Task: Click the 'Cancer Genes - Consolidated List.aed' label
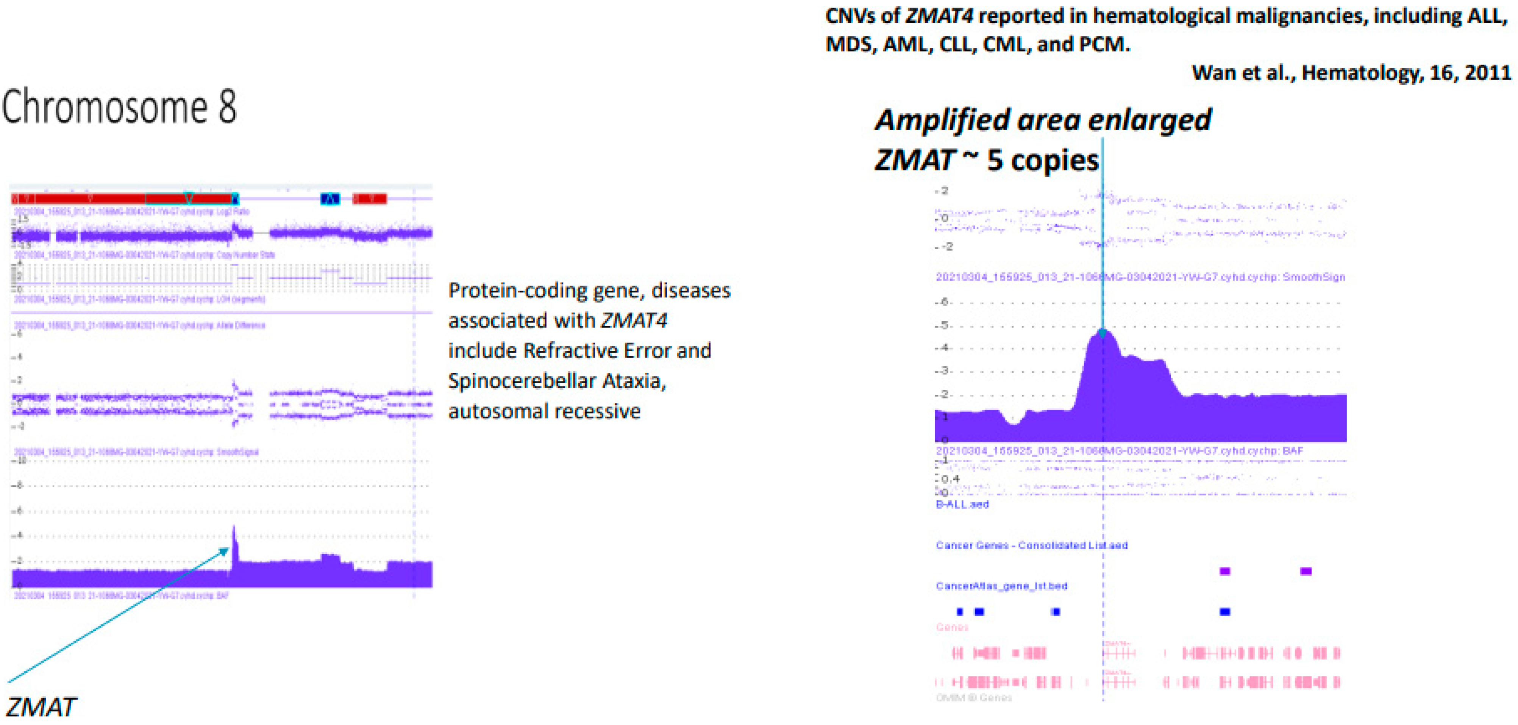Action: point(1031,545)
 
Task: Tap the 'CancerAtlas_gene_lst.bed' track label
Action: point(1001,586)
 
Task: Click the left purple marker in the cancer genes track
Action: point(1224,570)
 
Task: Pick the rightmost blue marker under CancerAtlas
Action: point(1224,612)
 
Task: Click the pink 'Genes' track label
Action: point(952,627)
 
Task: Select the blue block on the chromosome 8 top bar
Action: point(330,198)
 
